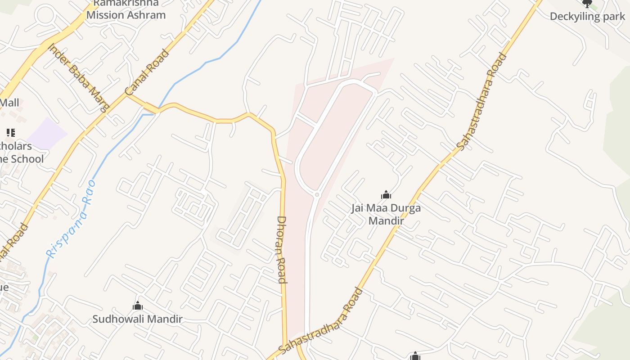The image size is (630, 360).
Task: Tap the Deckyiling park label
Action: pyautogui.click(x=587, y=17)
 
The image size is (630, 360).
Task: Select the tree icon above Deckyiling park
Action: pyautogui.click(x=587, y=4)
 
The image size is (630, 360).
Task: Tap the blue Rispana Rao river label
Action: pyautogui.click(x=71, y=219)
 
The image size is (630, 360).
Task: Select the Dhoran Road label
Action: pyautogui.click(x=282, y=250)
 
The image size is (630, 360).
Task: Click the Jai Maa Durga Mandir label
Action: pyautogui.click(x=386, y=214)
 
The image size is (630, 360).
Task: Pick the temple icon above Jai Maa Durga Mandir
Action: pyautogui.click(x=386, y=195)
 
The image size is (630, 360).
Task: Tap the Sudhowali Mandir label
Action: pyautogui.click(x=137, y=319)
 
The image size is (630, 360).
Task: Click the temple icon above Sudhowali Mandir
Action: pyautogui.click(x=138, y=306)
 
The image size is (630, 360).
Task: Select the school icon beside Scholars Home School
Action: pyautogui.click(x=10, y=132)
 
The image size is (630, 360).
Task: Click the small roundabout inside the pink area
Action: pyautogui.click(x=317, y=194)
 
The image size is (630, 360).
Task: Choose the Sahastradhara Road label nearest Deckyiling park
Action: pyautogui.click(x=482, y=102)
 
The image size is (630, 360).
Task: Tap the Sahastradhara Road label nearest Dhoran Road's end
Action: pyautogui.click(x=321, y=320)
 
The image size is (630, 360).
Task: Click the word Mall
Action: pyautogui.click(x=9, y=103)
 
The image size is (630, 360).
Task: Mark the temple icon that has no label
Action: pyautogui.click(x=415, y=356)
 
